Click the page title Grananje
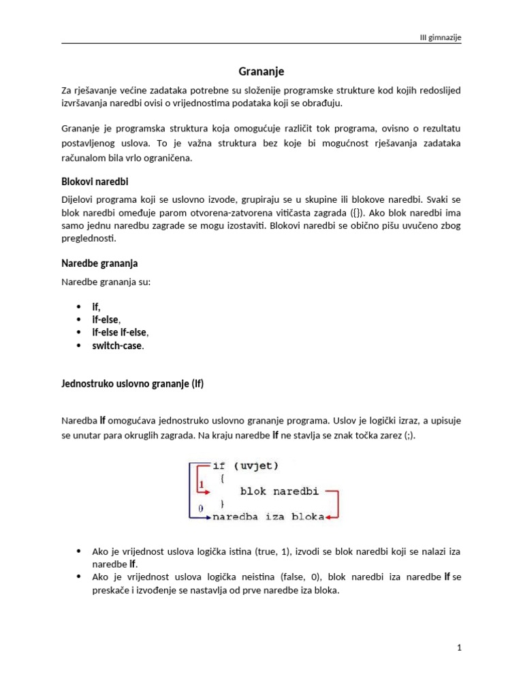coord(261,71)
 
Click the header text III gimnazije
coord(440,37)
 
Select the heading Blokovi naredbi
coord(95,182)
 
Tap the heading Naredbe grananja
coord(99,263)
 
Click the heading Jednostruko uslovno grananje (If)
coord(132,384)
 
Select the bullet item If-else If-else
coord(120,332)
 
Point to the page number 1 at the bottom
coord(460,648)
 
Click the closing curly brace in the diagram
coord(221,504)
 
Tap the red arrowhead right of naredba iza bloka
coord(328,517)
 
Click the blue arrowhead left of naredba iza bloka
coord(208,517)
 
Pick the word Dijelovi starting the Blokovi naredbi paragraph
coord(79,201)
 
